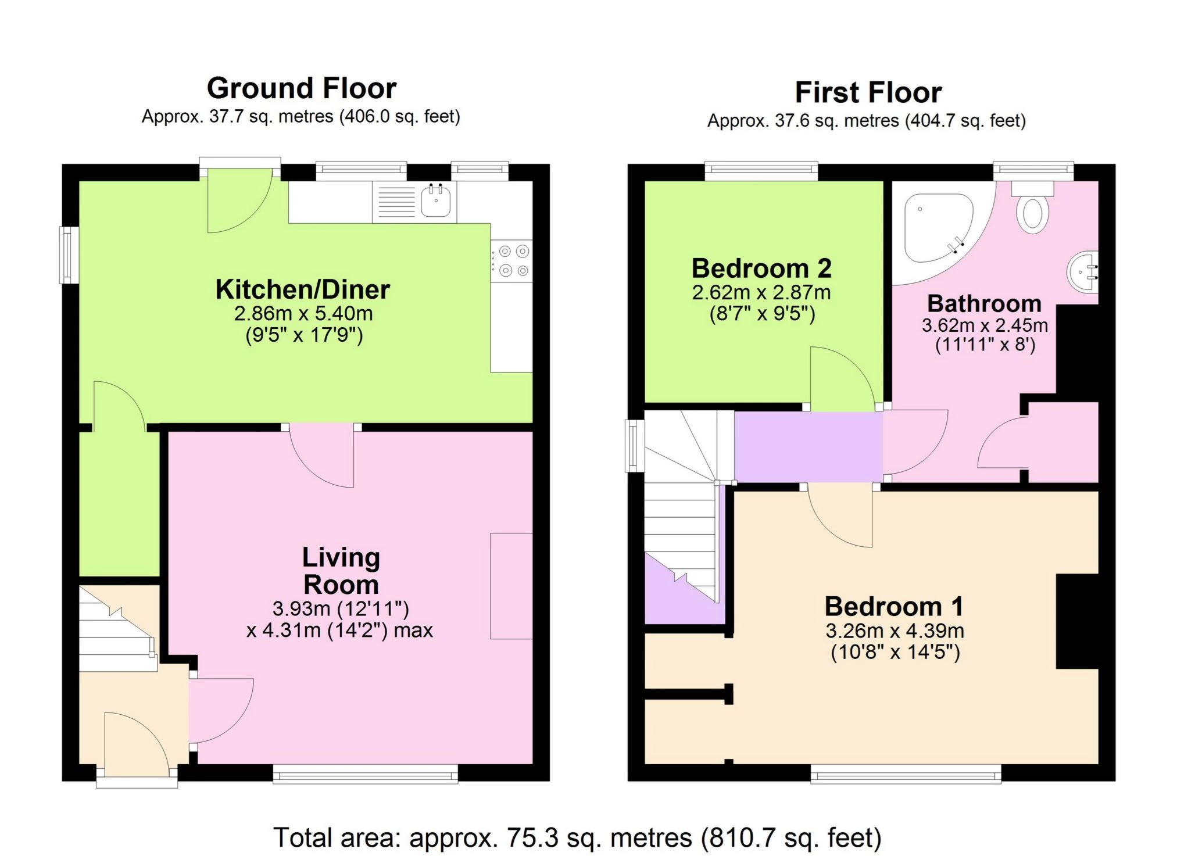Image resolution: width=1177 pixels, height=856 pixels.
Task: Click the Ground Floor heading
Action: click(x=301, y=88)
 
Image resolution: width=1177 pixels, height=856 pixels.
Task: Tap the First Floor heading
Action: click(x=868, y=92)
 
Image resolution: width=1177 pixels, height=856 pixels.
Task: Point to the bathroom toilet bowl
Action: click(x=1032, y=213)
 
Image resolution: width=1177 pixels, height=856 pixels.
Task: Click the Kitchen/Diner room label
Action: click(x=302, y=289)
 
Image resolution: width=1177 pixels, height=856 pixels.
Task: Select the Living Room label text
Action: click(x=341, y=571)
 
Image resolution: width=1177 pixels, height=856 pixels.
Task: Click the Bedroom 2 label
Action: click(x=761, y=268)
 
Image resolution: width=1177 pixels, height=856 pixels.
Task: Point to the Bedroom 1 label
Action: click(x=894, y=607)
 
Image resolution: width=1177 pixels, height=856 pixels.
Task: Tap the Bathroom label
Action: click(x=984, y=303)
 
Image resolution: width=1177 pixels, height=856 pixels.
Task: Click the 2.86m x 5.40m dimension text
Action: click(x=303, y=314)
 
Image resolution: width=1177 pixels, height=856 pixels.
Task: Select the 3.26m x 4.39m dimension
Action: click(x=895, y=631)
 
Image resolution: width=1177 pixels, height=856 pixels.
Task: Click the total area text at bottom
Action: click(x=577, y=838)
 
